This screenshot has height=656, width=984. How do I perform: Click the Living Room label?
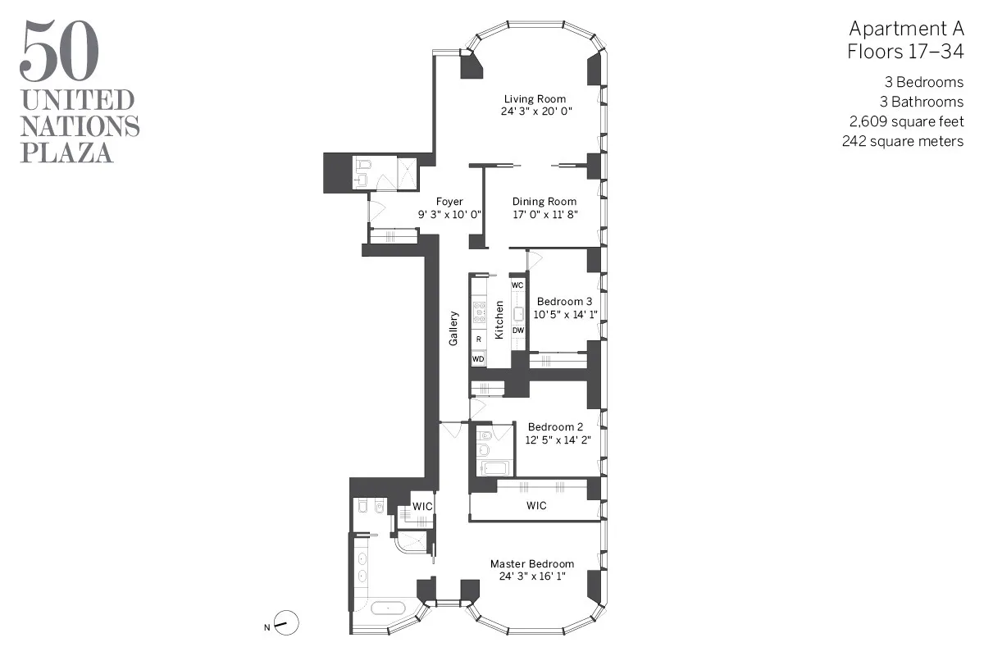[x=535, y=99]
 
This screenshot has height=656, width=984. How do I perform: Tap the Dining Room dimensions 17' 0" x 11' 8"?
[x=544, y=214]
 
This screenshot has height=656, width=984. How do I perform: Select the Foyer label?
[x=449, y=202]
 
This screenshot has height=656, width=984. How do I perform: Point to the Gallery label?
[x=453, y=327]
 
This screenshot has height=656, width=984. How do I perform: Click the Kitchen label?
[x=499, y=321]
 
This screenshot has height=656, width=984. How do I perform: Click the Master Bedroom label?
[x=532, y=564]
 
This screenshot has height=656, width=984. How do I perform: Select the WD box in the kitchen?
[x=478, y=358]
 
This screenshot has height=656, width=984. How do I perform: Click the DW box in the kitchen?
[x=517, y=330]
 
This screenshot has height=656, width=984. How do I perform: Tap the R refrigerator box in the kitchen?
[x=478, y=339]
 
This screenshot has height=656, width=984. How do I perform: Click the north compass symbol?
[x=285, y=624]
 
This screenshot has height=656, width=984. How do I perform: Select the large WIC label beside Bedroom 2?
[x=536, y=506]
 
